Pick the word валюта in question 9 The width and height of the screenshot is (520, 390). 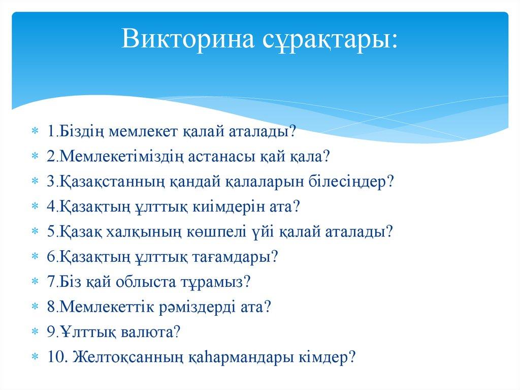tap(147, 332)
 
